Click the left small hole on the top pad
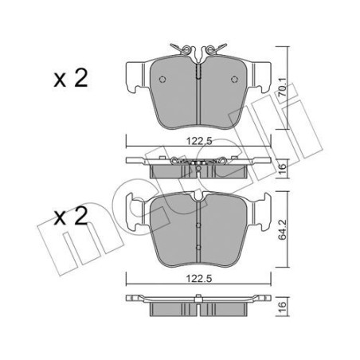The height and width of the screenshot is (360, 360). (x=162, y=79)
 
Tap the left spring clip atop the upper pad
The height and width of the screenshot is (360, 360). (x=184, y=50)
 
